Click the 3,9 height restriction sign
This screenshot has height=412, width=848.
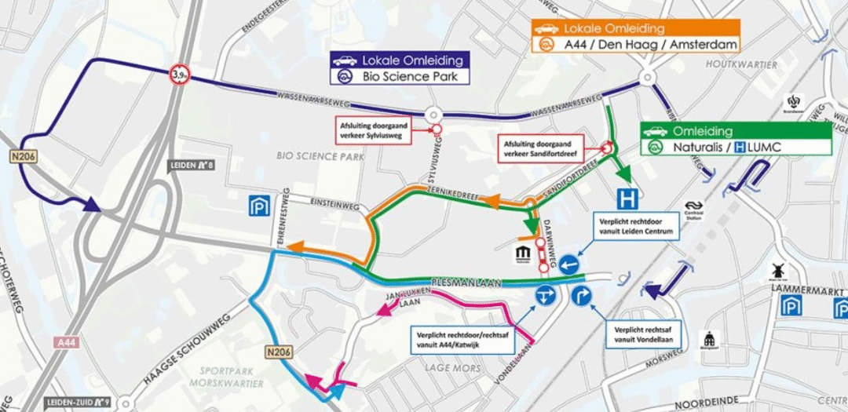click(x=179, y=75)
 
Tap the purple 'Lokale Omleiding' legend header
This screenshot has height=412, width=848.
click(x=400, y=60)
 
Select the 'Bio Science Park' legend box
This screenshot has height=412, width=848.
click(x=400, y=77)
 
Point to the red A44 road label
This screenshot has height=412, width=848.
click(x=66, y=342)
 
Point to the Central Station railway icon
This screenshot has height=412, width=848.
click(x=693, y=210)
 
